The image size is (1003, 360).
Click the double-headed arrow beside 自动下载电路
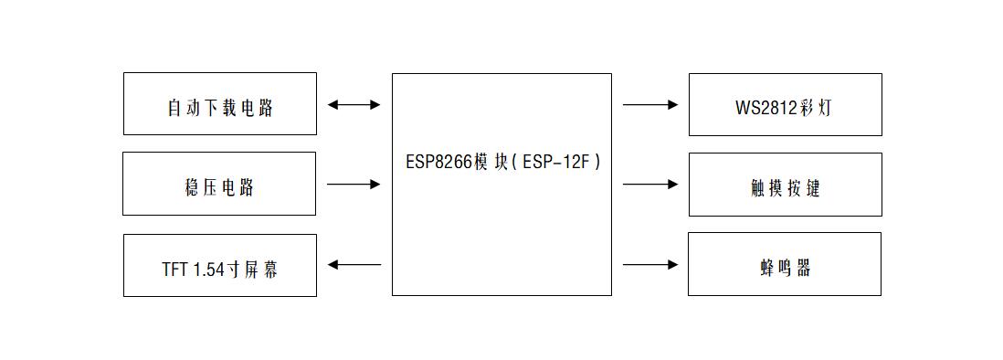pyautogui.click(x=354, y=104)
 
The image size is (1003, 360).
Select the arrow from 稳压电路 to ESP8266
pyautogui.click(x=354, y=185)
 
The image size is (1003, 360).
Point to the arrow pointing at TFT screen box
pyautogui.click(x=354, y=264)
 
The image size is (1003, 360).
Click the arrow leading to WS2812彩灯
pyautogui.click(x=650, y=104)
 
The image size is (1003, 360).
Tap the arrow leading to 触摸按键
pyautogui.click(x=650, y=185)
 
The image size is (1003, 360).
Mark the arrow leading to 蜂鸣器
pyautogui.click(x=650, y=264)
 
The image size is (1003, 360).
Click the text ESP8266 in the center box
pyautogui.click(x=439, y=162)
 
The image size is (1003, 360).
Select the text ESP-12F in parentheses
pyautogui.click(x=558, y=162)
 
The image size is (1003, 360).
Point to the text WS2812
pyautogui.click(x=766, y=108)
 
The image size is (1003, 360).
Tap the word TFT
pyautogui.click(x=174, y=270)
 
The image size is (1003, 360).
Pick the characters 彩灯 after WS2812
pyautogui.click(x=816, y=108)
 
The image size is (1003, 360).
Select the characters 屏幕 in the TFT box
pyautogui.click(x=261, y=270)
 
